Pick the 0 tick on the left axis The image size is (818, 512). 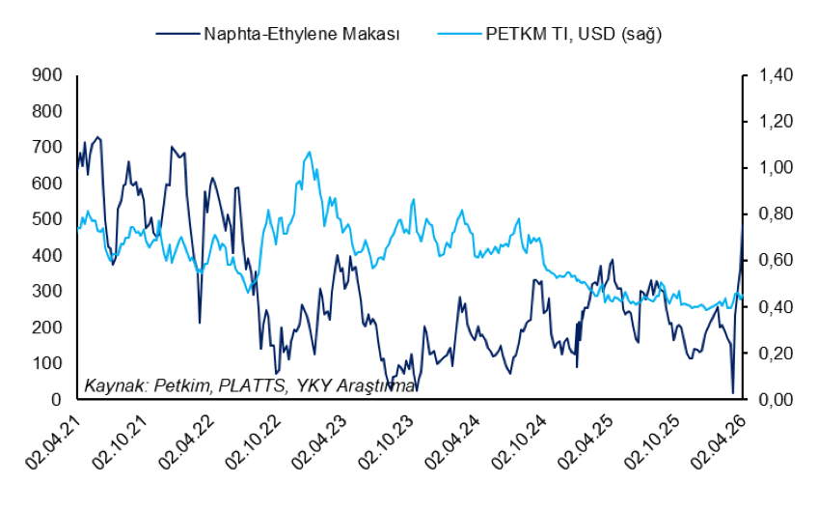point(56,399)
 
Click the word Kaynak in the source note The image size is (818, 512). point(112,385)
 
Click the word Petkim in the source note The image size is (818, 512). point(182,385)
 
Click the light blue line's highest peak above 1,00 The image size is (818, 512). point(309,152)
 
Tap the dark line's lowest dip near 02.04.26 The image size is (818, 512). point(732,392)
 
